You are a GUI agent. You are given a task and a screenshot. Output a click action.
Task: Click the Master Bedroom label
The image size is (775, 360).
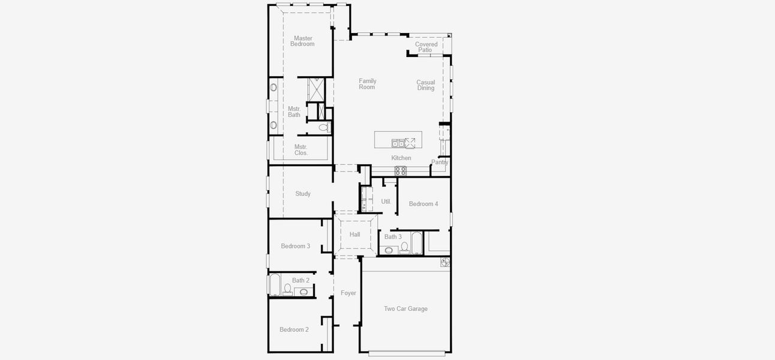tap(302, 41)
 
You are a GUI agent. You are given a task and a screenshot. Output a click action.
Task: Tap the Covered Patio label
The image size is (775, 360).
tap(426, 47)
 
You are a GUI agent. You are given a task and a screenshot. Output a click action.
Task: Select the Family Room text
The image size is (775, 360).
tap(367, 84)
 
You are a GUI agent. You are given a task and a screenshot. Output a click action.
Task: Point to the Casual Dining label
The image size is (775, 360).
tap(426, 85)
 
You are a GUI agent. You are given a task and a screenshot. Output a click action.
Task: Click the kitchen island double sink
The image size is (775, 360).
tap(398, 143)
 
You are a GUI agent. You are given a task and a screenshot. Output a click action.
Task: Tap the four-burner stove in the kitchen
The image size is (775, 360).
tap(400, 170)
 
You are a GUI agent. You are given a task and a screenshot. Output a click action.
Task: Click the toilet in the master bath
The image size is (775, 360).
tap(324, 128)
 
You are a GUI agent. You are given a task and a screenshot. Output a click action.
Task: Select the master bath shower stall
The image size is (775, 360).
tap(316, 89)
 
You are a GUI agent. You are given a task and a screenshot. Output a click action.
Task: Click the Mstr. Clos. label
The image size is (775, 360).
tap(301, 149)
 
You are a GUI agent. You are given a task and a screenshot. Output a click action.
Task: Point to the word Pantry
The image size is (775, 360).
tap(440, 162)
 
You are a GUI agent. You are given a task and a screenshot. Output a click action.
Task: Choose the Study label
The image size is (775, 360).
tap(303, 194)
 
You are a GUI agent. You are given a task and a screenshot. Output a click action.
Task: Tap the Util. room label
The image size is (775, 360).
tap(386, 202)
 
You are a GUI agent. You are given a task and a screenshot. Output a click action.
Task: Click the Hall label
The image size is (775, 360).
tap(355, 235)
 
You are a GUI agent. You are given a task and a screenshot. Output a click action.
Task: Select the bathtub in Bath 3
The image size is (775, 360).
tap(416, 244)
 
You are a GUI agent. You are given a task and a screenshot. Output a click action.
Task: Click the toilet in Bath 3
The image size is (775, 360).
tap(404, 247)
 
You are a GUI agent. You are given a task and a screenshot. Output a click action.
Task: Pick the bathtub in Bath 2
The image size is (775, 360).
tap(274, 285)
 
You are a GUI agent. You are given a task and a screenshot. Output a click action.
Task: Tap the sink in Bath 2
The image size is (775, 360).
tap(304, 292)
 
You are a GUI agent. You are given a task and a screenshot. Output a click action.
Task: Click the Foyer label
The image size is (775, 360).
tap(349, 293)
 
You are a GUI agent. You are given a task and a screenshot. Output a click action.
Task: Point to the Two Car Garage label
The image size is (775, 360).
tap(405, 309)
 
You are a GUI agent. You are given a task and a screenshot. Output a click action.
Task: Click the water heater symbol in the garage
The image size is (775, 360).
tap(445, 262)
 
